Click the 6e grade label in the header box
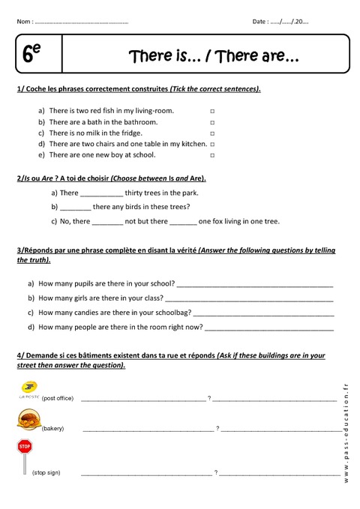click(x=32, y=54)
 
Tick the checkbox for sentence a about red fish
click(x=212, y=111)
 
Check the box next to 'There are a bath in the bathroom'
click(x=212, y=122)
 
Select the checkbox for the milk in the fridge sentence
click(x=212, y=133)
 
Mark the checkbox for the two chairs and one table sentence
click(x=212, y=144)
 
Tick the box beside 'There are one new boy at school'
click(x=212, y=155)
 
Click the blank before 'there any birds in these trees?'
click(x=75, y=208)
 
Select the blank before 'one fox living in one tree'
click(x=183, y=222)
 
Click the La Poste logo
click(x=28, y=390)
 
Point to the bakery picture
click(x=28, y=421)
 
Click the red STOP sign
click(x=25, y=447)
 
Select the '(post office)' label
click(x=58, y=398)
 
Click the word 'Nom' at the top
click(x=23, y=22)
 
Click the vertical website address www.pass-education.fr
click(x=346, y=430)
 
